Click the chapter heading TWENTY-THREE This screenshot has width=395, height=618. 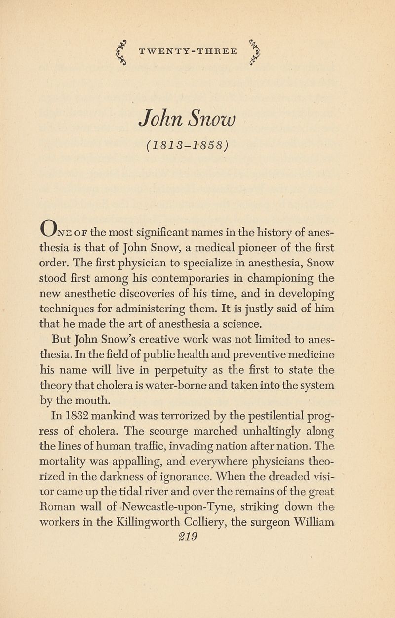(188, 51)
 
